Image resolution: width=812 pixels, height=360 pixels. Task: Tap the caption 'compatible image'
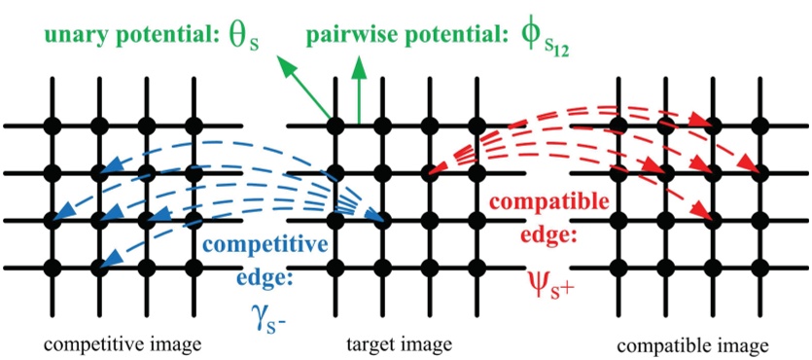[692, 343]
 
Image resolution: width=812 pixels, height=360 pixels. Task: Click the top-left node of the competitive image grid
[53, 126]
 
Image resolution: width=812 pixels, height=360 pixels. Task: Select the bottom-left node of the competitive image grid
[53, 266]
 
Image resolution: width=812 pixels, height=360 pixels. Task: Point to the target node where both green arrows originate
[335, 126]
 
